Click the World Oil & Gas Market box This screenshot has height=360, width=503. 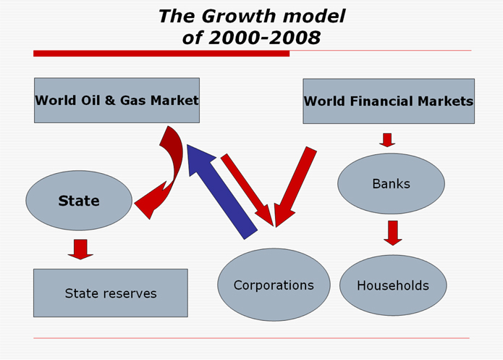click(x=117, y=100)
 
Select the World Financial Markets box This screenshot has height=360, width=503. click(x=389, y=101)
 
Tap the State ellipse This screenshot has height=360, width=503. click(x=79, y=201)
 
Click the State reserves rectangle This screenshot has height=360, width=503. click(x=111, y=293)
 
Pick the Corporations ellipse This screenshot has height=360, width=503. click(x=274, y=285)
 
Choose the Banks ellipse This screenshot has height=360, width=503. click(x=391, y=184)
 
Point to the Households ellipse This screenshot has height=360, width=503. click(x=393, y=285)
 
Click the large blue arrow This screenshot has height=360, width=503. click(x=221, y=191)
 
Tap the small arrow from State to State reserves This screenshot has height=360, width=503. click(x=80, y=249)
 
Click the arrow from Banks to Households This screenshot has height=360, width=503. click(x=393, y=233)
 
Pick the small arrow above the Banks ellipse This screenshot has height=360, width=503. click(x=387, y=140)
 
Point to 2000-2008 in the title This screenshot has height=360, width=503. click(x=265, y=38)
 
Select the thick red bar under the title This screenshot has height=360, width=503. click(x=161, y=54)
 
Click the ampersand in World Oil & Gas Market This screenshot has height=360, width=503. click(x=110, y=100)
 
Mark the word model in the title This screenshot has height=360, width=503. click(x=314, y=16)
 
